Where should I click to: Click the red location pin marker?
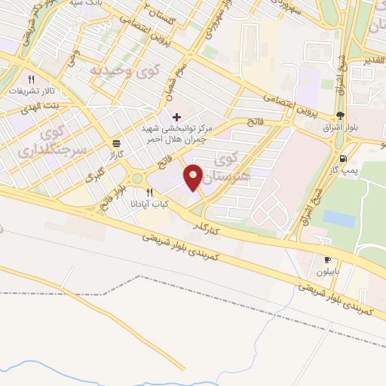[x=194, y=177]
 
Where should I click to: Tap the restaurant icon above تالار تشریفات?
[x=31, y=78]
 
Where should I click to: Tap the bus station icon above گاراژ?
[x=116, y=142]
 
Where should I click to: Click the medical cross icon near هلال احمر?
[x=176, y=118]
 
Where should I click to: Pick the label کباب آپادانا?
[x=159, y=204]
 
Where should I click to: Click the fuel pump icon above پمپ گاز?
[x=344, y=158]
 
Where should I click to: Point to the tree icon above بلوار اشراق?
[x=341, y=115]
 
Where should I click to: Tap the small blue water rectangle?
[x=339, y=219]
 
